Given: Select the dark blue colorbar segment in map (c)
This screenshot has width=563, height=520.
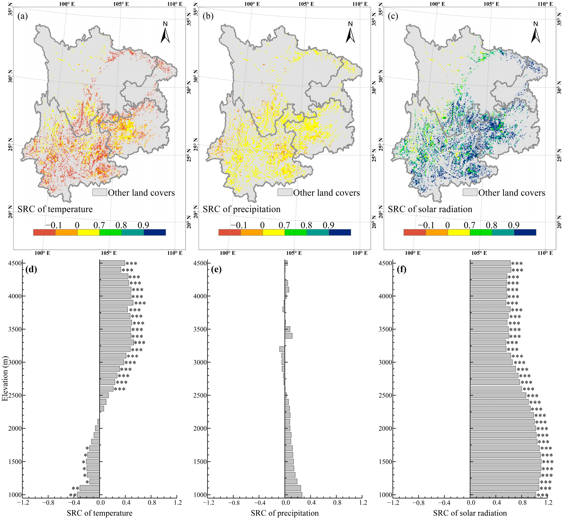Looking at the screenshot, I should [x=525, y=232].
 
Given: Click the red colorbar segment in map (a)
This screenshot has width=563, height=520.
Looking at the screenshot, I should [x=44, y=232].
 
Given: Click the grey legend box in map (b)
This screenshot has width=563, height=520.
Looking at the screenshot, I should [x=285, y=192].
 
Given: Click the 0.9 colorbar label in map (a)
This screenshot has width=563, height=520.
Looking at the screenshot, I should [x=143, y=225].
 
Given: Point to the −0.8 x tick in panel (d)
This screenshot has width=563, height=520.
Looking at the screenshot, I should [x=48, y=503].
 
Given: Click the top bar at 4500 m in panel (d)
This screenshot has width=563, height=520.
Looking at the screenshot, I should [x=112, y=263].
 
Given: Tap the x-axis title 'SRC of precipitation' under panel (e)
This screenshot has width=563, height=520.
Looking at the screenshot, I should [x=285, y=513].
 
